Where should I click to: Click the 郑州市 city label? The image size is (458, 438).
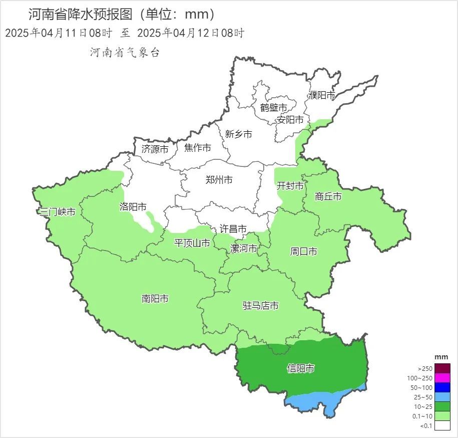click(x=219, y=180)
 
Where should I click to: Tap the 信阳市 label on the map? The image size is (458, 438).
click(x=300, y=369)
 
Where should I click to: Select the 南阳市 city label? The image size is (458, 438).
click(x=155, y=299)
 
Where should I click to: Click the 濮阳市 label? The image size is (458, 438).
click(x=321, y=95)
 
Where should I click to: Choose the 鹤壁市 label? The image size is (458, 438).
click(x=273, y=108)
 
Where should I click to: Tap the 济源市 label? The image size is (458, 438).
click(x=155, y=149)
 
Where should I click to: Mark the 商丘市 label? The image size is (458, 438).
click(x=328, y=196)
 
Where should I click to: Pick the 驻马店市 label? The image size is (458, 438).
click(x=260, y=306)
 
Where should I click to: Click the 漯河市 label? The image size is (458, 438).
click(x=243, y=249)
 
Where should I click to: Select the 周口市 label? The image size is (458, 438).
click(x=303, y=252)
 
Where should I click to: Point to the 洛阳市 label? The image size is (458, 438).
click(x=133, y=206)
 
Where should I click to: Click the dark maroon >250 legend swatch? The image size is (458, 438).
click(x=442, y=368)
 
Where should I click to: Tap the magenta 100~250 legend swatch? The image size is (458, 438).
click(x=442, y=378)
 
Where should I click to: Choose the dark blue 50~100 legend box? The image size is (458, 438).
click(x=442, y=387)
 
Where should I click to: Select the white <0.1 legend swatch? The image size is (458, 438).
click(x=442, y=425)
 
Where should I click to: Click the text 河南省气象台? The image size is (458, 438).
click(x=125, y=53)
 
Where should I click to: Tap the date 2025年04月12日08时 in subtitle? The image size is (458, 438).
click(x=190, y=34)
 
